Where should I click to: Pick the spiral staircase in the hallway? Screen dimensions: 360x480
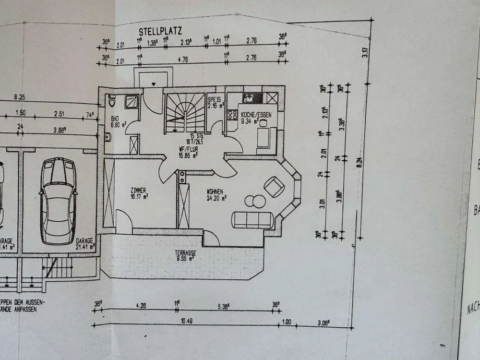point(185,113)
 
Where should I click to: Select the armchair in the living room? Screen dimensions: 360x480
point(274,186)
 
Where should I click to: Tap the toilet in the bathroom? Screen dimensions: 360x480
point(112,102)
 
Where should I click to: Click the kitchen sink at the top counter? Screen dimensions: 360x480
point(249,98)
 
